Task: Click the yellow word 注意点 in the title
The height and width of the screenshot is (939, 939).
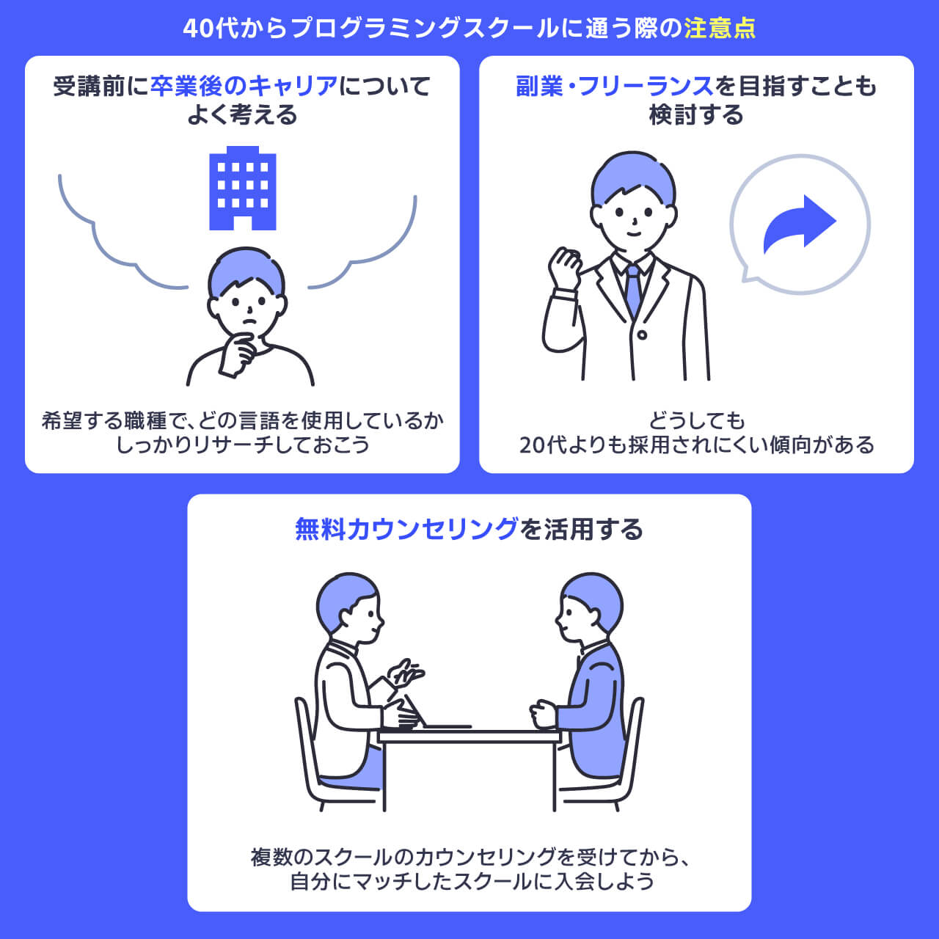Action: pyautogui.click(x=719, y=28)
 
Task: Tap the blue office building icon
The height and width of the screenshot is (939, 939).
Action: pyautogui.click(x=243, y=189)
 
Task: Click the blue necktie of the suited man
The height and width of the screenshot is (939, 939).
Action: pyautogui.click(x=633, y=290)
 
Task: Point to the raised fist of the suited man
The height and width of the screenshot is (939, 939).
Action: pyautogui.click(x=565, y=267)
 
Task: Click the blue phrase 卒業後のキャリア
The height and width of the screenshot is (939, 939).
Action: pyautogui.click(x=244, y=87)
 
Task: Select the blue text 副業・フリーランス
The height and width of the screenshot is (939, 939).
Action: pyautogui.click(x=615, y=87)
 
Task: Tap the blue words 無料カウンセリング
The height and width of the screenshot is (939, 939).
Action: pyautogui.click(x=406, y=529)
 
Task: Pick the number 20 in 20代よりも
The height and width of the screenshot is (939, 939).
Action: pyautogui.click(x=531, y=445)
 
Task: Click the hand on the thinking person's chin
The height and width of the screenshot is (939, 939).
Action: pyautogui.click(x=238, y=350)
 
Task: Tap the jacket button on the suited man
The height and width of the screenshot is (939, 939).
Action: pyautogui.click(x=642, y=335)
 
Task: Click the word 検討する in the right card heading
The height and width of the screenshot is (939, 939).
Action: pyautogui.click(x=695, y=115)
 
